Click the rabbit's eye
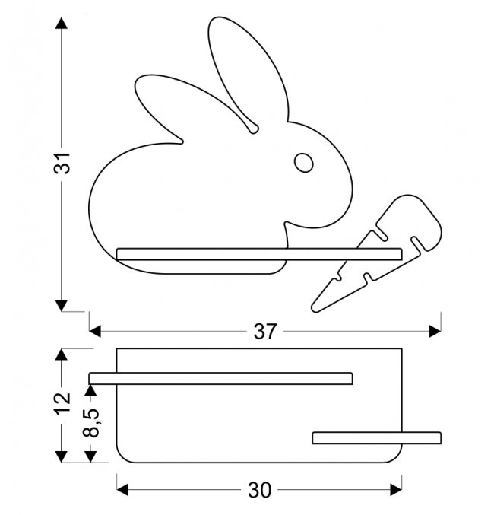pyautogui.click(x=304, y=163)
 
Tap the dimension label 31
pyautogui.click(x=62, y=163)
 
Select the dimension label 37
pyautogui.click(x=265, y=332)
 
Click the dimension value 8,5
pyautogui.click(x=91, y=423)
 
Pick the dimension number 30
pyautogui.click(x=260, y=490)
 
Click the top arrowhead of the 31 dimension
pyautogui.click(x=62, y=23)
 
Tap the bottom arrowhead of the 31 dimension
pyautogui.click(x=62, y=306)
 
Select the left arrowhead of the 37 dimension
pyautogui.click(x=95, y=332)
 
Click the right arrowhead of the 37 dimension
pyautogui.click(x=435, y=332)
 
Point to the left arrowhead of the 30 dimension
pyautogui.click(x=122, y=490)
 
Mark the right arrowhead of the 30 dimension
pyautogui.click(x=396, y=490)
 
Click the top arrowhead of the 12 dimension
pyautogui.click(x=62, y=354)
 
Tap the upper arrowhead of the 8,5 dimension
pyautogui.click(x=90, y=389)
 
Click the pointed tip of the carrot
pyautogui.click(x=314, y=309)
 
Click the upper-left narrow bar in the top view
pyautogui.click(x=221, y=378)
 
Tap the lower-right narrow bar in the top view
pyautogui.click(x=377, y=438)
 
